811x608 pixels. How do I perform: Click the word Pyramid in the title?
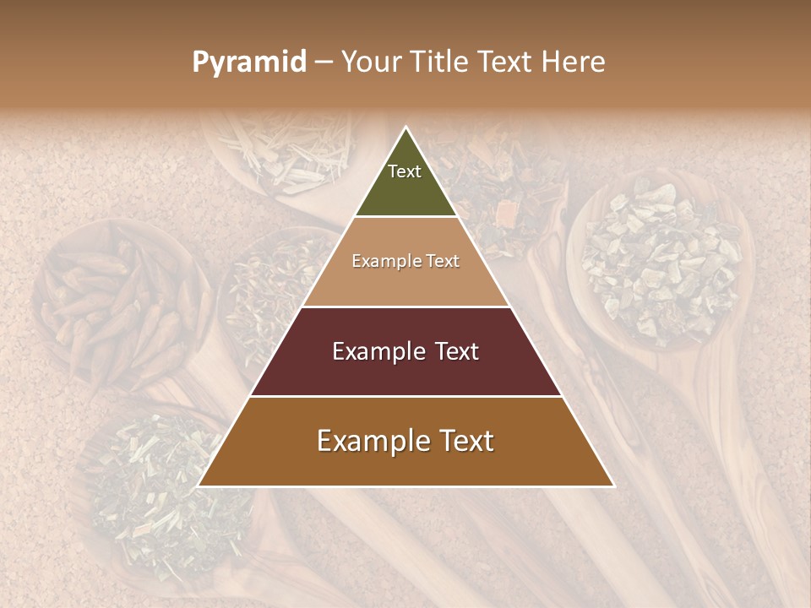coord(248,62)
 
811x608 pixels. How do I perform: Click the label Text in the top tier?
coord(405,171)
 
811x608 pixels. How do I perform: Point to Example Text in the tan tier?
coord(405,261)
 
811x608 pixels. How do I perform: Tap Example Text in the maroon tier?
coord(405,351)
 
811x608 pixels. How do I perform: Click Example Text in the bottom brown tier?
coord(405,441)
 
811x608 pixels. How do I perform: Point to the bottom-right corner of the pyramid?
coord(613,486)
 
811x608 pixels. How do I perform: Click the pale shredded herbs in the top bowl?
coord(279,152)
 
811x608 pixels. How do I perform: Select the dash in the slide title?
coord(324,62)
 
